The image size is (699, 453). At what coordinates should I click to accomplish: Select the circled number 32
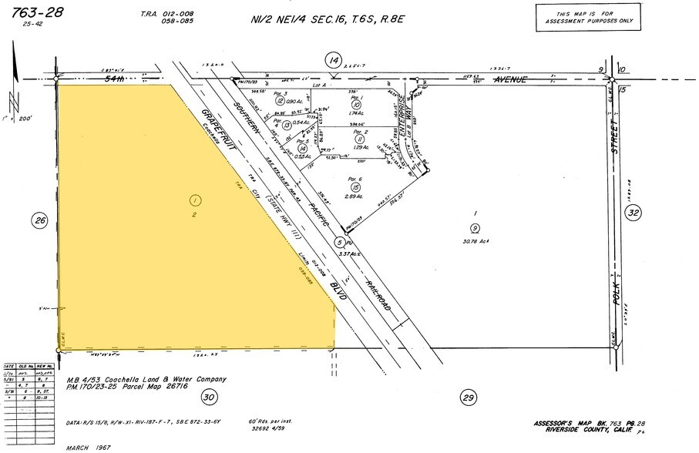632,215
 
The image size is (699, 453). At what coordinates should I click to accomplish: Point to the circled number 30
208,397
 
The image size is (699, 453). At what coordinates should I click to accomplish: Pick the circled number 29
468,397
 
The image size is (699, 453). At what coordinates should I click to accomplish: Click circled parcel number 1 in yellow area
194,200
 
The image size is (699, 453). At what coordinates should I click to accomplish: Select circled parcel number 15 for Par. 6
355,187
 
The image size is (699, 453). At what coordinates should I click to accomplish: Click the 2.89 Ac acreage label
355,199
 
